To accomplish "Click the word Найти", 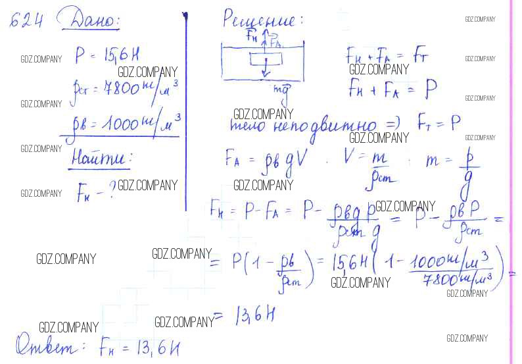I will [100, 158].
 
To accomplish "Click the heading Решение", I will [262, 18].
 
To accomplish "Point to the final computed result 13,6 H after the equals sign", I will [252, 317].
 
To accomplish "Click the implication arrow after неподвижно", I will [394, 124].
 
